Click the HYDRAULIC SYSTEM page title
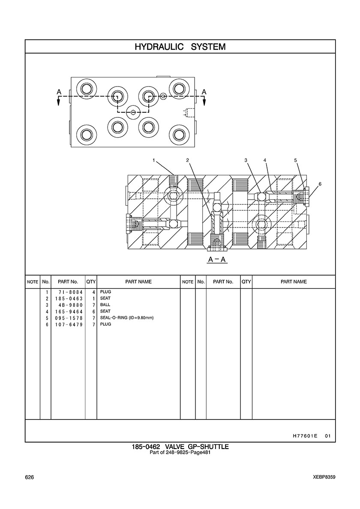180,47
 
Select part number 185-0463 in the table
69,298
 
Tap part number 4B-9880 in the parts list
69,305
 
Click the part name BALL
105,305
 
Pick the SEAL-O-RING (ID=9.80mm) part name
126,318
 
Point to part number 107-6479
69,324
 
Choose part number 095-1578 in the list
69,318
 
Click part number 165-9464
69,311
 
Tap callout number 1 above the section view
153,160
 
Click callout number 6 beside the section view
320,184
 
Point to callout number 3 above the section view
246,160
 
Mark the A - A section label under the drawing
217,260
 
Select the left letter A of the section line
59,92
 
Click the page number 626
30,477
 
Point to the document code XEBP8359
324,477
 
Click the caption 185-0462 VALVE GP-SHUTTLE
180,447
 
